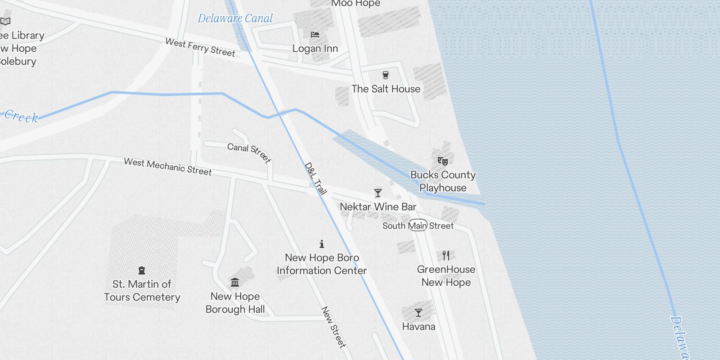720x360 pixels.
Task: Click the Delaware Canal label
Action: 235,18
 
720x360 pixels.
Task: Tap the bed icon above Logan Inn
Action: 315,35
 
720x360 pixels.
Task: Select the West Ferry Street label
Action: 200,47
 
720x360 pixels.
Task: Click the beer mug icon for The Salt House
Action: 386,75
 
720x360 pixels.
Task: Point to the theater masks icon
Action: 443,161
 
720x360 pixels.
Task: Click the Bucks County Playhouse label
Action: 443,181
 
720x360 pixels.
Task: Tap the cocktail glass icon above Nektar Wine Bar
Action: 378,193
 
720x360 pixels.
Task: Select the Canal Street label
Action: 249,153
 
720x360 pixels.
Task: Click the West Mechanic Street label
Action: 167,166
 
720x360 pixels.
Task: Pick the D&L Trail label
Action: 315,179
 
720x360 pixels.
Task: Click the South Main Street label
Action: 418,225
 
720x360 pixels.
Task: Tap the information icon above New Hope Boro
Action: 322,244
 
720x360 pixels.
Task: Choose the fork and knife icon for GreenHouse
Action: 446,256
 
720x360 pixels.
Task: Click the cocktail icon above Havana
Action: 418,312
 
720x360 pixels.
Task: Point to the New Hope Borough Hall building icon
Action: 235,282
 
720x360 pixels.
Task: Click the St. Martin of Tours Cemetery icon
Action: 142,270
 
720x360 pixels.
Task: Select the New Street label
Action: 333,328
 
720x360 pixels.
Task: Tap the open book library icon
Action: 5,21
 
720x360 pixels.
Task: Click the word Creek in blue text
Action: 21,117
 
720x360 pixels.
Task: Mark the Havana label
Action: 418,326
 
